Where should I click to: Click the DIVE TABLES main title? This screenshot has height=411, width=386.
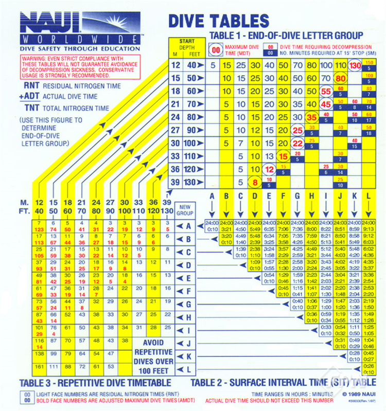pos(219,21)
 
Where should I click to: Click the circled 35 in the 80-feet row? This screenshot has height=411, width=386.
pos(311,117)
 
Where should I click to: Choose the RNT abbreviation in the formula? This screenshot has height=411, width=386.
pos(28,86)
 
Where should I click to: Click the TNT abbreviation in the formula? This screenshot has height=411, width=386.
pos(28,109)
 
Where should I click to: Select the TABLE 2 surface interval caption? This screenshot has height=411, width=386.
pos(282,382)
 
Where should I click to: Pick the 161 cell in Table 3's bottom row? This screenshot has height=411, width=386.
pos(39,366)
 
